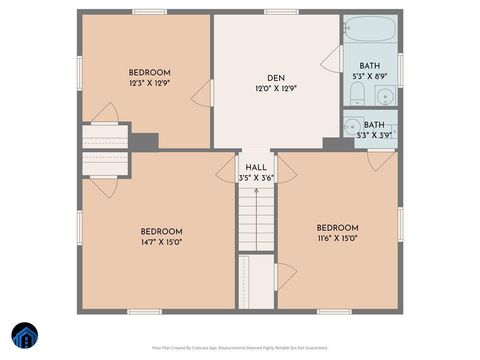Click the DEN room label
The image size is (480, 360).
(x=275, y=78)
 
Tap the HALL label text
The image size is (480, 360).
(x=256, y=167)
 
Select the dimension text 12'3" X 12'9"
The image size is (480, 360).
(x=149, y=84)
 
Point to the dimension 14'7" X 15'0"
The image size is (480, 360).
(x=160, y=241)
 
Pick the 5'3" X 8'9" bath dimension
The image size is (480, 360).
(x=369, y=76)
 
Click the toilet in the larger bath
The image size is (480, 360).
(x=356, y=95)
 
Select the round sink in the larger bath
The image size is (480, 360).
(x=384, y=97)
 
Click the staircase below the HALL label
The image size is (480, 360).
(x=256, y=220)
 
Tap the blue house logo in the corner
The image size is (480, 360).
(x=24, y=335)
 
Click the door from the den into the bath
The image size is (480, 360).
(x=330, y=56)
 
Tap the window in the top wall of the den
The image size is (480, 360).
(x=281, y=11)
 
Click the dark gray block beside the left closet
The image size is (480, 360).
(x=145, y=141)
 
